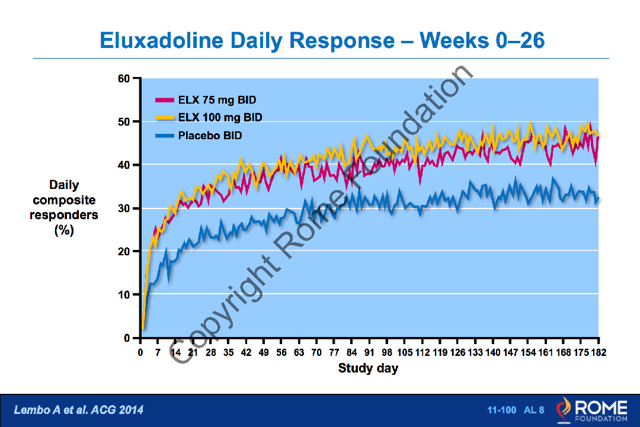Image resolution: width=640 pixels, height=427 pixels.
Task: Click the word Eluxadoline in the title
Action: (x=162, y=40)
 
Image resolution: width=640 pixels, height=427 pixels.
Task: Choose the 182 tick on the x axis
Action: (x=599, y=353)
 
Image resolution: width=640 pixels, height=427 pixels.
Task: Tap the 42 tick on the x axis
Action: (x=246, y=353)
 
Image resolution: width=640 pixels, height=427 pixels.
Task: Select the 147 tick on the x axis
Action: (x=511, y=353)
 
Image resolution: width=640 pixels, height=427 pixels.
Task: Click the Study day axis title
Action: (x=368, y=368)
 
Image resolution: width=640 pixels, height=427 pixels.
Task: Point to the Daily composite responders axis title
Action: (x=64, y=208)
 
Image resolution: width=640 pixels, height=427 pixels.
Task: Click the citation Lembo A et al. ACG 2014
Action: (x=78, y=410)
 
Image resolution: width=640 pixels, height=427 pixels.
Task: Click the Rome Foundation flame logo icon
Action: (x=564, y=410)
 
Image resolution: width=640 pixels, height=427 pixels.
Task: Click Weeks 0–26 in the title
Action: (x=482, y=40)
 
